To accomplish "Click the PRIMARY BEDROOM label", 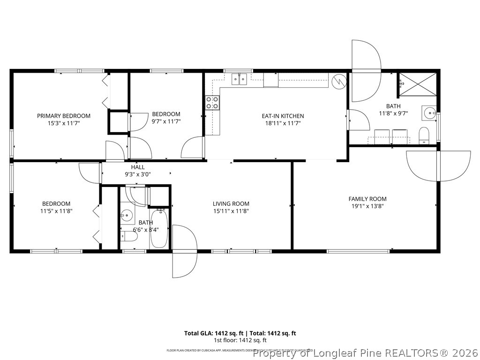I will [64, 116].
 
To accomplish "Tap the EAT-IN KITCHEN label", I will [283, 116].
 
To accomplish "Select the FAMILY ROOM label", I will [367, 199].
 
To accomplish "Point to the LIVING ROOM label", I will [231, 203].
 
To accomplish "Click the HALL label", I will [138, 167].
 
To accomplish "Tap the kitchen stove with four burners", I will [212, 103].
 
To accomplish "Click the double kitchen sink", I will [240, 79].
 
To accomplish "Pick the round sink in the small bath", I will [126, 216].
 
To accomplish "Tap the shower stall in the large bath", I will [417, 84].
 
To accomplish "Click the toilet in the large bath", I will [424, 135].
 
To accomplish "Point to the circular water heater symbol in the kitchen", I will [338, 82].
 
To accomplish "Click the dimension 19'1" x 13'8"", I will [367, 206].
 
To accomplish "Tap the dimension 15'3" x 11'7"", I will [64, 123].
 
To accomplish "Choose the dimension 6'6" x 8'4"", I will [146, 230].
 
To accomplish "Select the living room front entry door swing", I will [185, 251].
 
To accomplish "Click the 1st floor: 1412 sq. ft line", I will [240, 340].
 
